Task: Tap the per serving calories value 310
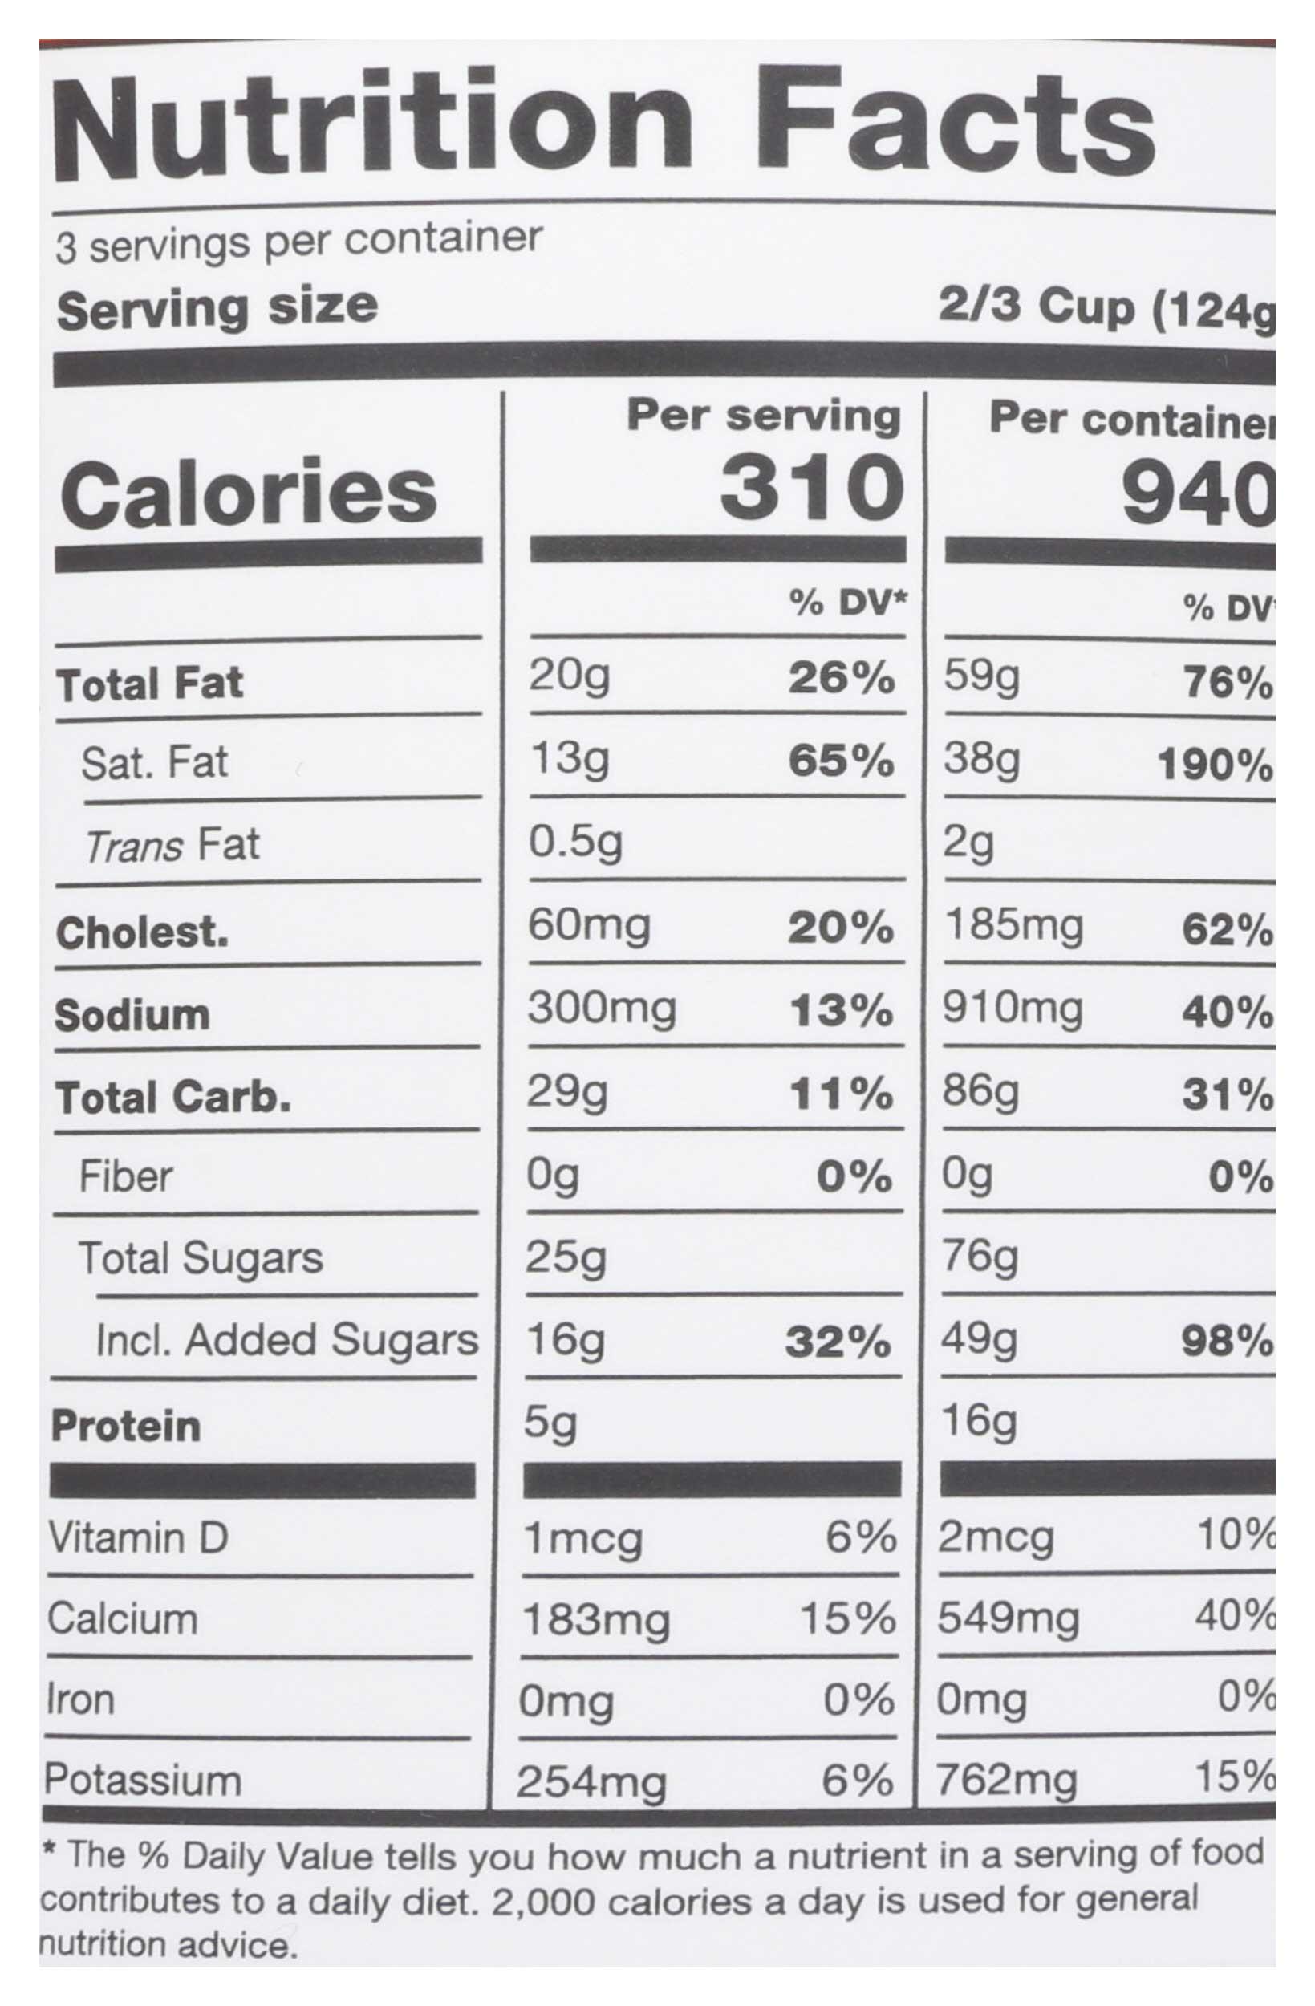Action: point(811,489)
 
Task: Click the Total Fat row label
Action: point(149,684)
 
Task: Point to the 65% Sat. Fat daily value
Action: point(840,761)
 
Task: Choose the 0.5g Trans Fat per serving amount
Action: point(575,842)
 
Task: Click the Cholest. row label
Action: point(142,933)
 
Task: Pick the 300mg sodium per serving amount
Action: point(601,1009)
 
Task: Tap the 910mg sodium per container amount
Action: point(1012,1009)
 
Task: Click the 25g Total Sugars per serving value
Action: point(565,1258)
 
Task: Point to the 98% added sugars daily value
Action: point(1227,1341)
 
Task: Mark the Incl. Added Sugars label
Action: point(286,1340)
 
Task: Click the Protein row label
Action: point(126,1426)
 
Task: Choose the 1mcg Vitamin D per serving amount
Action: point(582,1540)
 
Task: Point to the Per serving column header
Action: point(763,416)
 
